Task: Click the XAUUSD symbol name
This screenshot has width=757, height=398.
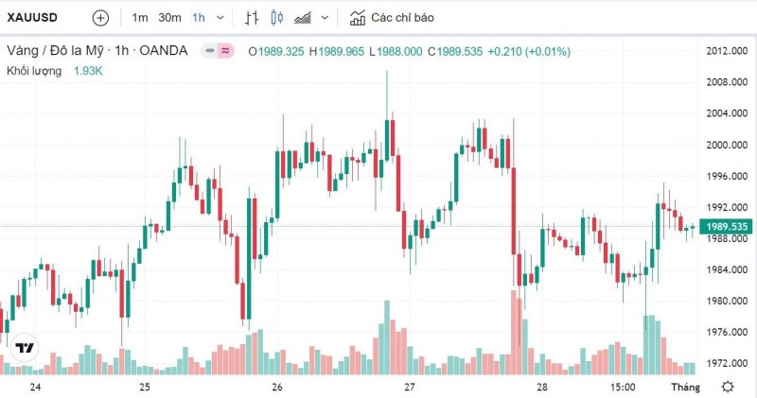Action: (x=34, y=18)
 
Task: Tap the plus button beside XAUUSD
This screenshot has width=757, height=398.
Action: (x=100, y=18)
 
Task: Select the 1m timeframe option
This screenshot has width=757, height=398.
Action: (x=140, y=18)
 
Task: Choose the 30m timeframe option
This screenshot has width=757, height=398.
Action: (x=170, y=18)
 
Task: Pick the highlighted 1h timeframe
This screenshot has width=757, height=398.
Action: (x=199, y=18)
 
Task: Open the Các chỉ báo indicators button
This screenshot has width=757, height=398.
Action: (x=392, y=18)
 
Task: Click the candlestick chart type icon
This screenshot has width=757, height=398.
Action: (x=276, y=18)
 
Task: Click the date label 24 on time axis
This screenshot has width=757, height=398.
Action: (x=35, y=388)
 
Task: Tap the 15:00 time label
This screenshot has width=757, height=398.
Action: (x=621, y=388)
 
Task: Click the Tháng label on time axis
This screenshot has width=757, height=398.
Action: (x=685, y=388)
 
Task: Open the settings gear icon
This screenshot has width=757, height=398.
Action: (x=728, y=387)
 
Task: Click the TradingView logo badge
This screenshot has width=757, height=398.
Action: (x=25, y=349)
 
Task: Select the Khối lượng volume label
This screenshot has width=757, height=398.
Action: (x=34, y=71)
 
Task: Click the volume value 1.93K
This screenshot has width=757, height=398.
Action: (x=89, y=71)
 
